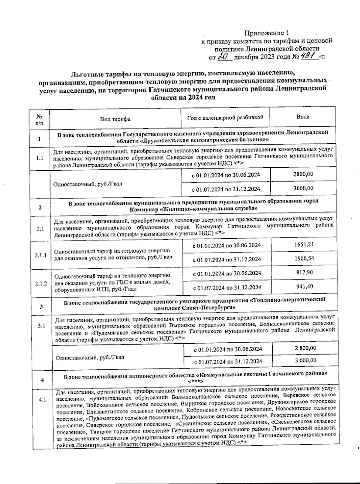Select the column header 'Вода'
pyautogui.click(x=303, y=117)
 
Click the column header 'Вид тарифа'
pyautogui.click(x=115, y=119)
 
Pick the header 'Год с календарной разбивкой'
pyautogui.click(x=225, y=117)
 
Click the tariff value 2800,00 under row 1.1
pyautogui.click(x=303, y=174)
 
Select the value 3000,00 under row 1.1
pyautogui.click(x=303, y=188)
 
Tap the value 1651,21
pyautogui.click(x=304, y=244)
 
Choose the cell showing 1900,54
pyautogui.click(x=304, y=258)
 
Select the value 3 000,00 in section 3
pyautogui.click(x=305, y=360)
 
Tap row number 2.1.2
pyautogui.click(x=41, y=283)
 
